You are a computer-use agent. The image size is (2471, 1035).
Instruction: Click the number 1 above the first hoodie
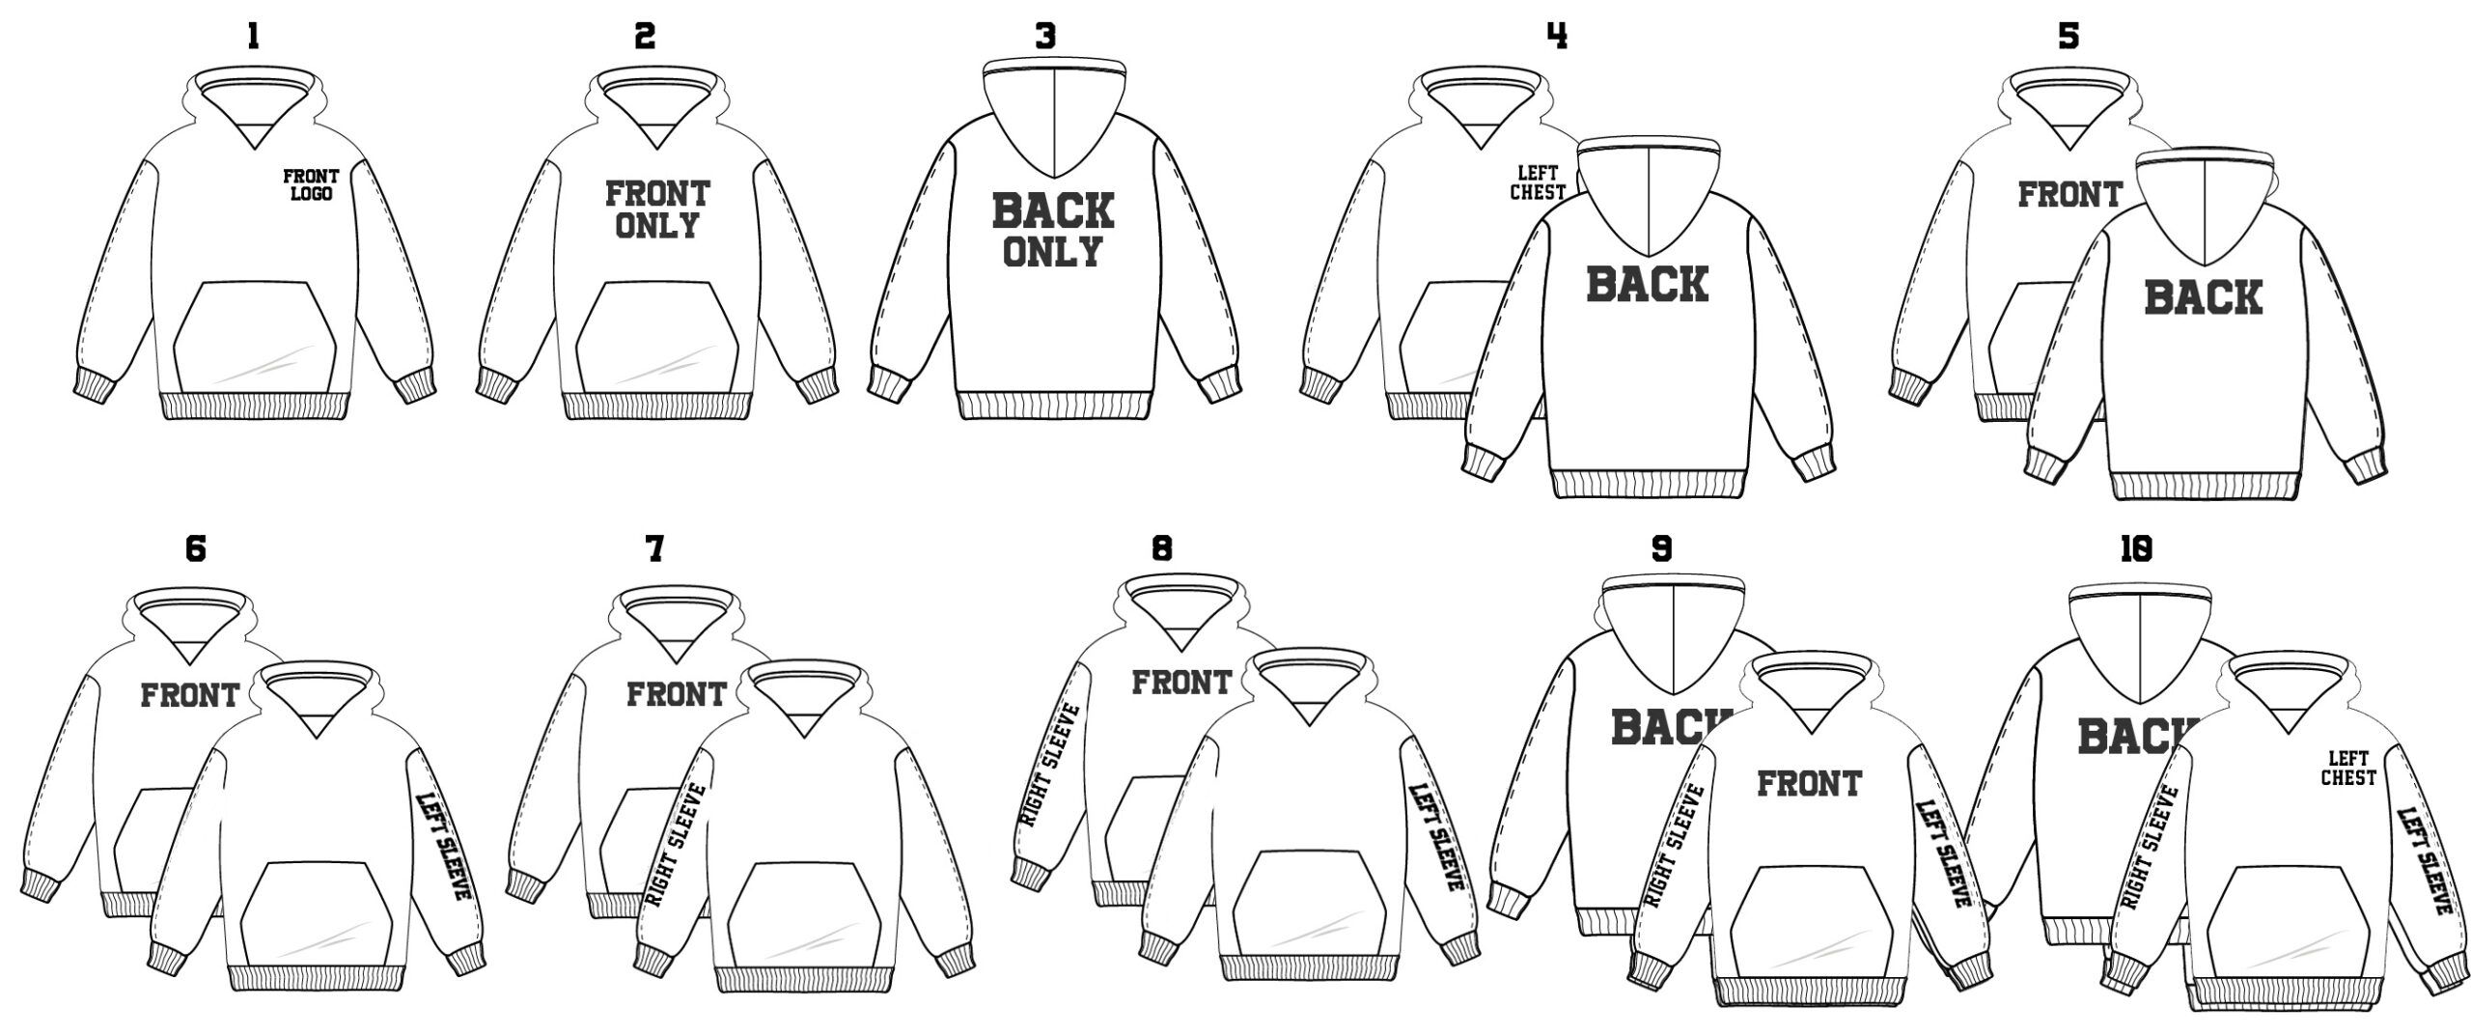pyautogui.click(x=253, y=37)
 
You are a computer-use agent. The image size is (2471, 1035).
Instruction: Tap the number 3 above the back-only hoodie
pyautogui.click(x=1045, y=37)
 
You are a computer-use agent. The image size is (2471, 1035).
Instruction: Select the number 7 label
pyautogui.click(x=654, y=549)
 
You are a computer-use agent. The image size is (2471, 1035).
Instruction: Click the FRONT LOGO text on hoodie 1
pyautogui.click(x=311, y=184)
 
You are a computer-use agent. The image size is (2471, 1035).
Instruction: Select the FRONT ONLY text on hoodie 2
pyautogui.click(x=657, y=210)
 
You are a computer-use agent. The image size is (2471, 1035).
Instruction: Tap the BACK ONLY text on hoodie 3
pyautogui.click(x=1053, y=230)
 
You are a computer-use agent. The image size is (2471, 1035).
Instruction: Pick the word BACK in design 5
pyautogui.click(x=2204, y=296)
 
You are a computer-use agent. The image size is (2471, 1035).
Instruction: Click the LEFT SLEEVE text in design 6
pyautogui.click(x=443, y=846)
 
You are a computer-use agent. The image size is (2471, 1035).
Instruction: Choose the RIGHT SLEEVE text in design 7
pyautogui.click(x=675, y=846)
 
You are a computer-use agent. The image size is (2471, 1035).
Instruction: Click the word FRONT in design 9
pyautogui.click(x=1809, y=783)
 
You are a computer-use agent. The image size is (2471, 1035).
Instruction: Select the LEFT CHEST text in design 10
pyautogui.click(x=2348, y=769)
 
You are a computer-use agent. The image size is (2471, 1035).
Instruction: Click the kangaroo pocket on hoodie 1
pyautogui.click(x=255, y=333)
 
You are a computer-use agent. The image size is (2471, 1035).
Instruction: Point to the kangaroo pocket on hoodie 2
pyautogui.click(x=657, y=333)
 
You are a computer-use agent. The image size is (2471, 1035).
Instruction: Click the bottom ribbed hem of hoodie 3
pyautogui.click(x=1054, y=406)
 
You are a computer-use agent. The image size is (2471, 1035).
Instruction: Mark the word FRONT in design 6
pyautogui.click(x=190, y=695)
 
